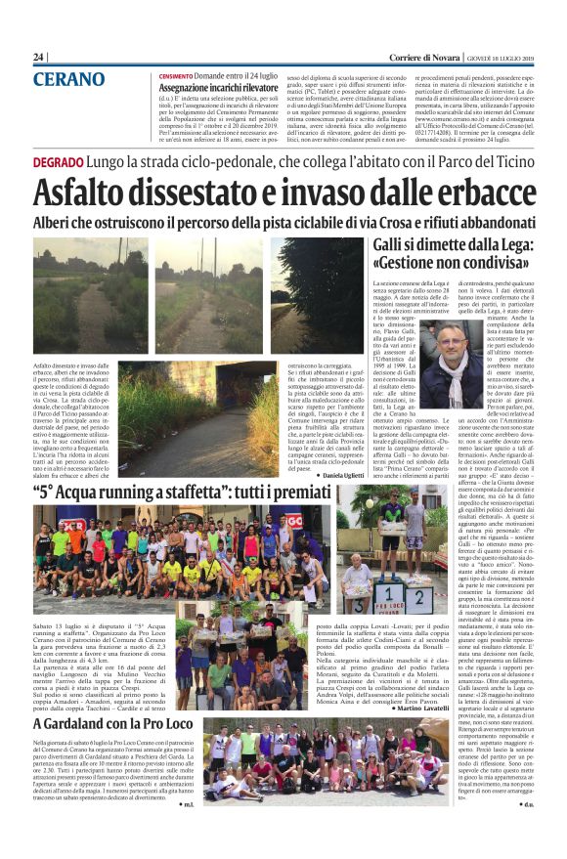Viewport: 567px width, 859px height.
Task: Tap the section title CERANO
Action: coord(68,79)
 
